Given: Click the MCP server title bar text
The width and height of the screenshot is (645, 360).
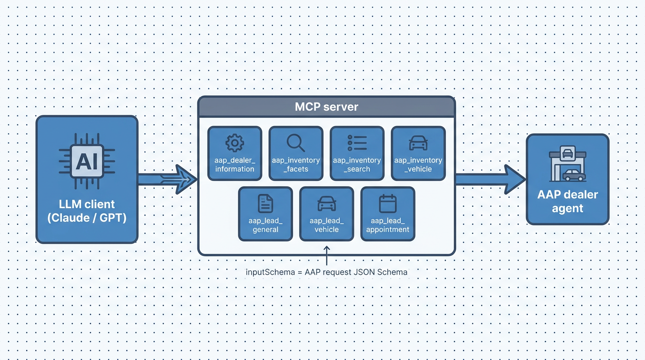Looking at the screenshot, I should [x=326, y=107].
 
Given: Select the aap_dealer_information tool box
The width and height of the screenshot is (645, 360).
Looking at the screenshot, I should [x=234, y=153].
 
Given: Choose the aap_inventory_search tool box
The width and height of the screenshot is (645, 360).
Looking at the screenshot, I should [x=357, y=153].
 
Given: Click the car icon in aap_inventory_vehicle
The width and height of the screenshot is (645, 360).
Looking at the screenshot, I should [x=418, y=142].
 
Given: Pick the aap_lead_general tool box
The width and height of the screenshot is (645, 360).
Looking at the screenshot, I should [x=265, y=214].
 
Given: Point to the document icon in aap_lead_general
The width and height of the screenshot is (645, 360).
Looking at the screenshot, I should [x=265, y=203].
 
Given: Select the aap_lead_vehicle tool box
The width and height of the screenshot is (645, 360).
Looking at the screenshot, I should [x=326, y=214].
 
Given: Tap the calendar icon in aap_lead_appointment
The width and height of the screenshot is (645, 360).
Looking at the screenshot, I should [x=387, y=203].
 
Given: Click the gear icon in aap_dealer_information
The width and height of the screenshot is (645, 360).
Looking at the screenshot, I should [x=234, y=142].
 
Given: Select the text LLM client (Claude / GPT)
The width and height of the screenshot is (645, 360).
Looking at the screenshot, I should [x=87, y=211].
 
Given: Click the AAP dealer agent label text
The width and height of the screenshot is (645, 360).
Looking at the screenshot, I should [x=567, y=201].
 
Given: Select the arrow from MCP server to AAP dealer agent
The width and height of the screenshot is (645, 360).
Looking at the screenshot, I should [x=490, y=179].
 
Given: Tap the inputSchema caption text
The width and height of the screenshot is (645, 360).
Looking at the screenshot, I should [x=326, y=272].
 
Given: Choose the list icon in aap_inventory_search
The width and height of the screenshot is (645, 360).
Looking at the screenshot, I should [x=357, y=142].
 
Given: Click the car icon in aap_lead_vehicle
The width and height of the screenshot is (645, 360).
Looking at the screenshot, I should [x=326, y=203].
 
